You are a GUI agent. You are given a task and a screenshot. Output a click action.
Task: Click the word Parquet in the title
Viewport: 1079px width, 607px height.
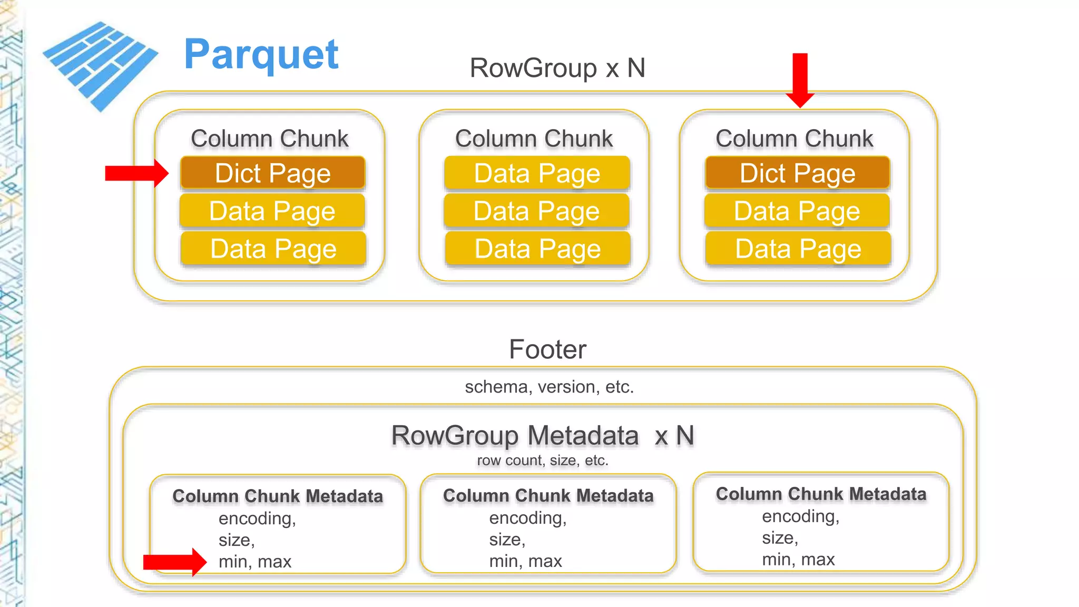click(x=261, y=55)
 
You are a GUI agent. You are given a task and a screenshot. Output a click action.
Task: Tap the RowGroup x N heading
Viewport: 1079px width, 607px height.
click(x=557, y=68)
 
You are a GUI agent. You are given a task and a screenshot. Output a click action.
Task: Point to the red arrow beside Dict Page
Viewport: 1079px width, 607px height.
click(x=136, y=173)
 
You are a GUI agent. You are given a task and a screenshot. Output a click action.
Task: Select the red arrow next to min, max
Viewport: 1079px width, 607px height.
click(x=174, y=562)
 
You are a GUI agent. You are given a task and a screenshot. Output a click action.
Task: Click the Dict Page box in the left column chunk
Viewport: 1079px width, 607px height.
click(x=272, y=173)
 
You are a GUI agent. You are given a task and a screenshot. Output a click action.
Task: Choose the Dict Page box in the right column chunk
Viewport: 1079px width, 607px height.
click(x=797, y=173)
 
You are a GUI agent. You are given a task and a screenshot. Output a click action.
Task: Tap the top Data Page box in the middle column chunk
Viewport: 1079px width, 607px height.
click(x=537, y=173)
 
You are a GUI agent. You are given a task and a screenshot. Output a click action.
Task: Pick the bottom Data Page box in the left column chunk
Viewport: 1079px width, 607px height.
click(x=273, y=249)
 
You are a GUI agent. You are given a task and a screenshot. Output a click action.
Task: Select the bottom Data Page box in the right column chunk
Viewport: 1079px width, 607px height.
click(x=798, y=249)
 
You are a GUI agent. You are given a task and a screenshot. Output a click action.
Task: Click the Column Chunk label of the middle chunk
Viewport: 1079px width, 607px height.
click(x=534, y=139)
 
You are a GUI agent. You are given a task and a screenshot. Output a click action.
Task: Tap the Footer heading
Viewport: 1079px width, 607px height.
click(x=547, y=349)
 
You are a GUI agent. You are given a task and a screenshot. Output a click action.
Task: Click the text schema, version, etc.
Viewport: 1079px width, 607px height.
click(x=549, y=387)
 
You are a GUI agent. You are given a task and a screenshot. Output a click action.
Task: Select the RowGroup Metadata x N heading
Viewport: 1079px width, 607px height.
click(x=542, y=436)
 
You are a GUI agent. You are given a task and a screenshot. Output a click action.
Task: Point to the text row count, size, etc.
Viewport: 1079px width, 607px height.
click(x=542, y=461)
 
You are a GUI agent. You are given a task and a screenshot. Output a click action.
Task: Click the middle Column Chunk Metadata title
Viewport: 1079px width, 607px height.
click(x=548, y=495)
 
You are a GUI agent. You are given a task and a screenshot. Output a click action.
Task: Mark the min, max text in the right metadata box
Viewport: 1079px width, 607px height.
click(x=798, y=559)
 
